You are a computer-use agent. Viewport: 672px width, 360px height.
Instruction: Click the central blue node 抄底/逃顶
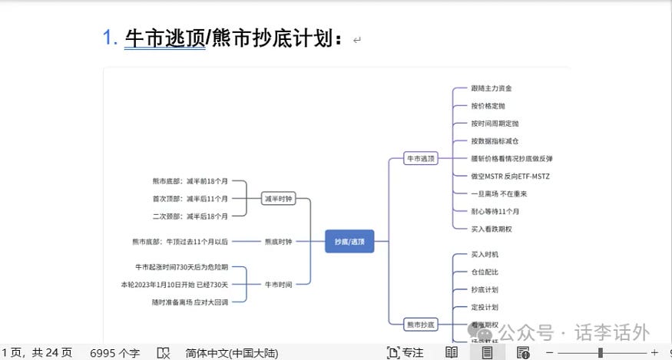click(349, 241)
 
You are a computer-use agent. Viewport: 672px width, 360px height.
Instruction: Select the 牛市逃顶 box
click(421, 159)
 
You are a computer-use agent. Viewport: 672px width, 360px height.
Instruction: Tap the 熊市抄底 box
click(421, 325)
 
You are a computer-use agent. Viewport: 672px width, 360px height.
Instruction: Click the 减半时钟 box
click(278, 199)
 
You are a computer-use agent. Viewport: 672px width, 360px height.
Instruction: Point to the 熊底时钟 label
click(278, 241)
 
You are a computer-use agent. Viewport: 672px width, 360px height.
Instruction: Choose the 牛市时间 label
click(278, 284)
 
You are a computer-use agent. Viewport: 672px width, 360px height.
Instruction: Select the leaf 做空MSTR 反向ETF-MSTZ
click(510, 176)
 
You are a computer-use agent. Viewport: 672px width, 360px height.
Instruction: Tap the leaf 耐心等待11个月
click(495, 211)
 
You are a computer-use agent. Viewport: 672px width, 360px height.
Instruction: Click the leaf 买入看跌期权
click(492, 229)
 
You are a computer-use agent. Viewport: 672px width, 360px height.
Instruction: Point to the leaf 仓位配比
click(485, 272)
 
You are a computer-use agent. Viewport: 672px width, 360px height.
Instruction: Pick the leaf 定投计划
click(485, 307)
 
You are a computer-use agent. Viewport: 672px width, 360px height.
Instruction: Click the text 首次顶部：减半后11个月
click(190, 199)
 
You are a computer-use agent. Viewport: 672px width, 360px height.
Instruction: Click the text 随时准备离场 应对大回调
click(190, 302)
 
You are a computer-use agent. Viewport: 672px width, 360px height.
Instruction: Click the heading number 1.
click(110, 38)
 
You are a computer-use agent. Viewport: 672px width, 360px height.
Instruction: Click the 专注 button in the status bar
click(406, 352)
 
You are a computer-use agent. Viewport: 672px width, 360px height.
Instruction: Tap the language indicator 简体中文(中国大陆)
click(231, 353)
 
